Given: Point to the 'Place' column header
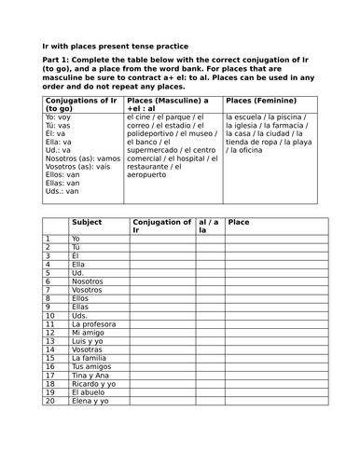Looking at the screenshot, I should click(240, 223).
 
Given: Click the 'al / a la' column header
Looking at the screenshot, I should click(209, 226).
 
